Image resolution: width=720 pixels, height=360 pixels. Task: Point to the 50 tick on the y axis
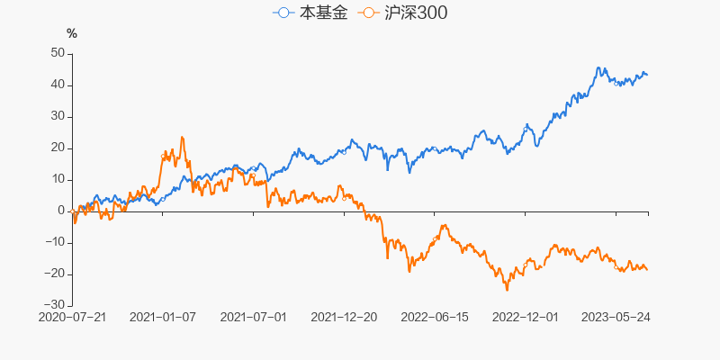coord(57,53)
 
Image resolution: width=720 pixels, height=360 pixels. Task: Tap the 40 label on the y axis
coord(57,85)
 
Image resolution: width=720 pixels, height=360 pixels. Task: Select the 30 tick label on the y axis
coord(57,116)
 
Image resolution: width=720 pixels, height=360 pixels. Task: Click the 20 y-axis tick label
coord(57,148)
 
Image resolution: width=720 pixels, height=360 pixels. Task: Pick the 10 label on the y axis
coord(57,179)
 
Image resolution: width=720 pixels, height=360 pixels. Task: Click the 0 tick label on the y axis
coord(60,211)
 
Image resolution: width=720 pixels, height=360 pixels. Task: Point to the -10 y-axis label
coord(54,242)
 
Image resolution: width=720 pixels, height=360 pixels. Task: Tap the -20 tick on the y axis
coord(54,274)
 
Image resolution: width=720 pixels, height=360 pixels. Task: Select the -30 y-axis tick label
coord(54,305)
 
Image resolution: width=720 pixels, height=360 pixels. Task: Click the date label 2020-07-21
coord(72,318)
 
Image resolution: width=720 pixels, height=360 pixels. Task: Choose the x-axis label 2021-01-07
coord(163,318)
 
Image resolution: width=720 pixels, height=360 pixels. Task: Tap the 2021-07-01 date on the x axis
coord(253,318)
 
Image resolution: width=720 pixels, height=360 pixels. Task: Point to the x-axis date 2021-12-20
coord(344,318)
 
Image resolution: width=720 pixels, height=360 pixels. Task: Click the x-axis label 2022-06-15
coord(435,318)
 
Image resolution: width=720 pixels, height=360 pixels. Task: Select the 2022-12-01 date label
coord(526,318)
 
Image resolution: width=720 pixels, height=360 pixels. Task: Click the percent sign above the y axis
coord(72,34)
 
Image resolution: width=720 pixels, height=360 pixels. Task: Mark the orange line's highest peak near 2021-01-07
coord(182,137)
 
